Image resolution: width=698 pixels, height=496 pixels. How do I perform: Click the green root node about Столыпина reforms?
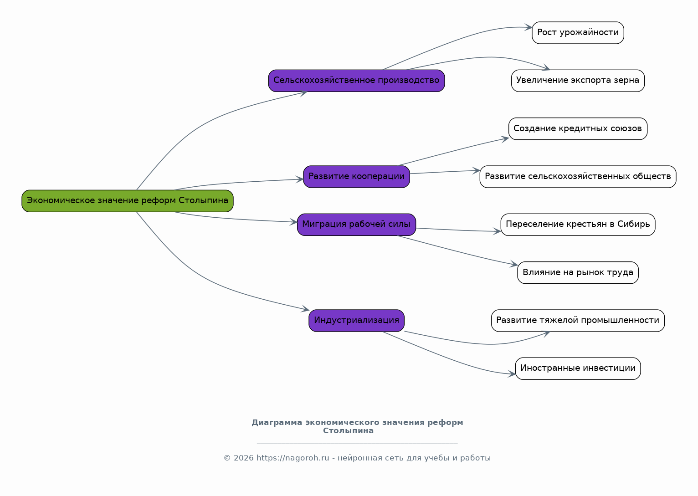pyautogui.click(x=128, y=201)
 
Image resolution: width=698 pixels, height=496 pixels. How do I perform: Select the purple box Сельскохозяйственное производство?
pyautogui.click(x=356, y=81)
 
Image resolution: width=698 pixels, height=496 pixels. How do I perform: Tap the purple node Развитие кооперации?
pyautogui.click(x=356, y=177)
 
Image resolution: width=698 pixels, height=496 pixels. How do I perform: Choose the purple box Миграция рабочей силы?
pyautogui.click(x=356, y=225)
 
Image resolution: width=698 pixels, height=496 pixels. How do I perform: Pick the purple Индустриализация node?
pyautogui.click(x=356, y=321)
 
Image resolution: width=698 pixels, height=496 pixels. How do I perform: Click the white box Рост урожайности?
pyautogui.click(x=578, y=33)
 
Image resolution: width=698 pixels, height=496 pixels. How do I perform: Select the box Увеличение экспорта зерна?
pyautogui.click(x=578, y=81)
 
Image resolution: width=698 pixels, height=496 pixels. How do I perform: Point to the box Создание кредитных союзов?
pyautogui.click(x=578, y=129)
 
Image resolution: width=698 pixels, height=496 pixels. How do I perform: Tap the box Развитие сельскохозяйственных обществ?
pyautogui.click(x=578, y=177)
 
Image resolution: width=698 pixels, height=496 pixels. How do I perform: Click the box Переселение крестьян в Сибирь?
pyautogui.click(x=578, y=225)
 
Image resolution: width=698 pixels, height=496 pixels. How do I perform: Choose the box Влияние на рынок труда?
pyautogui.click(x=578, y=273)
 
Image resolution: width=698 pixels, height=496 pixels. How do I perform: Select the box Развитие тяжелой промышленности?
pyautogui.click(x=578, y=321)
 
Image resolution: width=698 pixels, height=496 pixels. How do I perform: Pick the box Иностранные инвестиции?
pyautogui.click(x=578, y=368)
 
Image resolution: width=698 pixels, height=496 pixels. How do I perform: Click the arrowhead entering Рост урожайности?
pyautogui.click(x=528, y=27)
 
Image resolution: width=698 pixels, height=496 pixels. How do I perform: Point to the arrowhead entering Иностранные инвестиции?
pyautogui.click(x=512, y=373)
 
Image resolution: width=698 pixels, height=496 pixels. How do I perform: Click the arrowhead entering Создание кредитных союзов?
pyautogui.click(x=505, y=139)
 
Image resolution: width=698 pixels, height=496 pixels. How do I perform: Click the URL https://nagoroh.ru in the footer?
pyautogui.click(x=293, y=458)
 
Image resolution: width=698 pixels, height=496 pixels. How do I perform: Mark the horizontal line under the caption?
pyautogui.click(x=357, y=443)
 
